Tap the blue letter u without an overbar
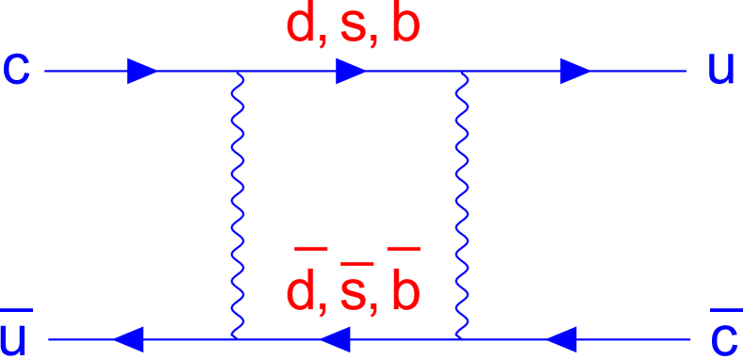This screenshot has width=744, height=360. pyautogui.click(x=720, y=71)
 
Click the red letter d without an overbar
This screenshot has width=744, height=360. pyautogui.click(x=302, y=27)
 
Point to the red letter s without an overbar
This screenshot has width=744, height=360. pyautogui.click(x=353, y=30)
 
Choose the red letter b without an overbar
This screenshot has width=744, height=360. pyautogui.click(x=405, y=27)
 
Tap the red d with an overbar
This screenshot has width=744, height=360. pyautogui.click(x=302, y=292)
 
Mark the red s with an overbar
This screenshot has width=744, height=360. pyautogui.click(x=353, y=294)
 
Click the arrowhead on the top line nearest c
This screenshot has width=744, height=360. pyautogui.click(x=142, y=71)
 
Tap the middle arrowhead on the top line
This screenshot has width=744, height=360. pyautogui.click(x=351, y=71)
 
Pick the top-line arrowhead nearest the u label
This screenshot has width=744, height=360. pyautogui.click(x=575, y=71)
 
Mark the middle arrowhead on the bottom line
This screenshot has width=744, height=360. pyautogui.click(x=336, y=337)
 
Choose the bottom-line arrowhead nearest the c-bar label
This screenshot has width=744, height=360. pyautogui.click(x=562, y=337)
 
